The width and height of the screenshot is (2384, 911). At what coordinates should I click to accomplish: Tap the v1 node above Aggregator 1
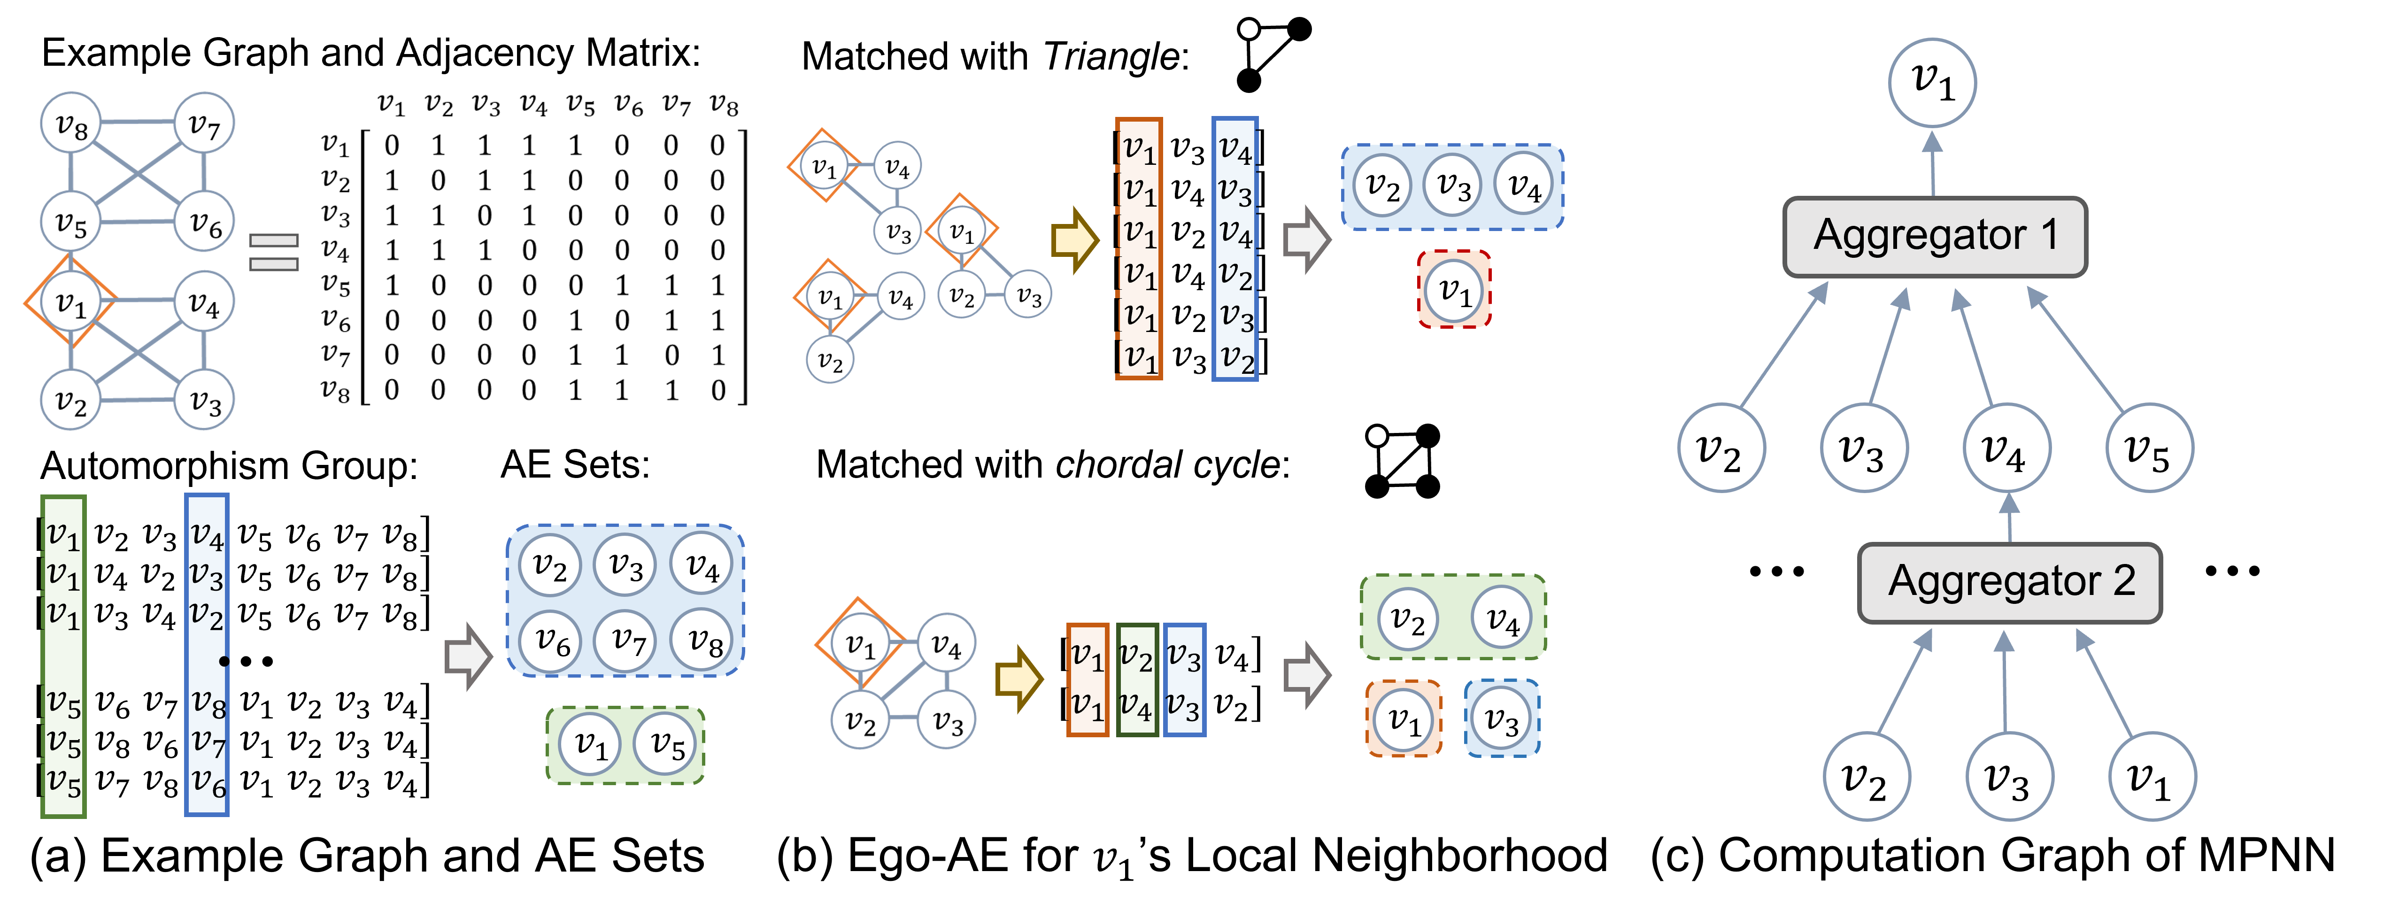tap(1932, 82)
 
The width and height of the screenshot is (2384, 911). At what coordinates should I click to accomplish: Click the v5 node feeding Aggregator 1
tap(2149, 448)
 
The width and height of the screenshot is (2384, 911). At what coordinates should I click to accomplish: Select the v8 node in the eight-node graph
tap(71, 123)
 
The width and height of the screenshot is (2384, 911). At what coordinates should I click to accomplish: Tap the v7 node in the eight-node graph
tap(204, 123)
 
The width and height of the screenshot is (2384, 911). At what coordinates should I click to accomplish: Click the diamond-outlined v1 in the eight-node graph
tap(70, 301)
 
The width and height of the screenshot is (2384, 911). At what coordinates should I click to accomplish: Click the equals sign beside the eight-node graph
tap(274, 252)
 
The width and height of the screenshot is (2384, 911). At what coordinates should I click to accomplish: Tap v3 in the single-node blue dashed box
tap(1501, 718)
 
